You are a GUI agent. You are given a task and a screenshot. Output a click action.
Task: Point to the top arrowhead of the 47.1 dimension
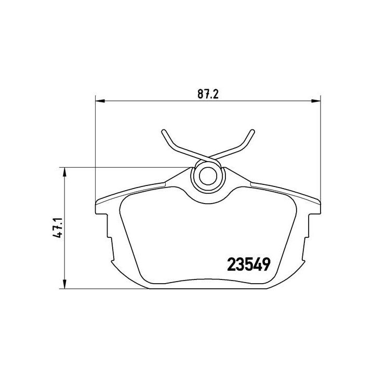(64, 170)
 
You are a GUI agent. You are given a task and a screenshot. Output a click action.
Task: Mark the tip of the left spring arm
(163, 130)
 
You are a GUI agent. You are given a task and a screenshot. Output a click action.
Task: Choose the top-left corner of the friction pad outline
(125, 200)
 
